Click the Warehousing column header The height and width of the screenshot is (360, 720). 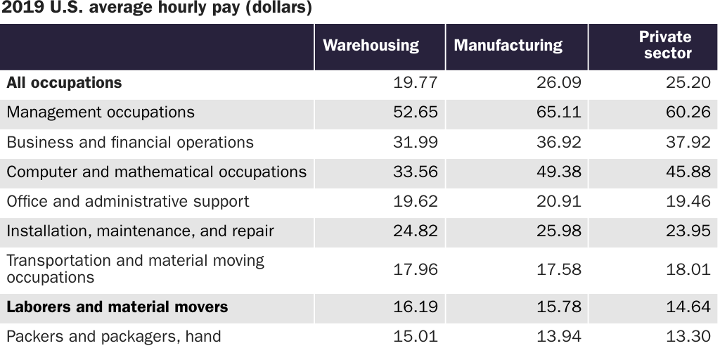click(371, 46)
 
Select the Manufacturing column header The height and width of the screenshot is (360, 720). click(508, 46)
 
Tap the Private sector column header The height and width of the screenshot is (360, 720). click(664, 45)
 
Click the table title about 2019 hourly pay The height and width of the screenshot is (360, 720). click(157, 8)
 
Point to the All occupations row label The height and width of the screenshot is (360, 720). click(64, 83)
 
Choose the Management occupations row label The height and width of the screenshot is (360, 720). click(101, 112)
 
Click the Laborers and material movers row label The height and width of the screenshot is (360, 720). click(117, 307)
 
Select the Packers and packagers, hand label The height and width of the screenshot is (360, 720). click(113, 337)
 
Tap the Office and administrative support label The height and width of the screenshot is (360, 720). click(127, 202)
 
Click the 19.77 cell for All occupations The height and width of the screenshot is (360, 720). click(415, 83)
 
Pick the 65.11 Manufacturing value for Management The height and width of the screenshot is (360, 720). click(559, 112)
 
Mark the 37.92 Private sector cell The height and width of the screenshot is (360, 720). click(688, 143)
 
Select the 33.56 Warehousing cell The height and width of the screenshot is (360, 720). click(415, 172)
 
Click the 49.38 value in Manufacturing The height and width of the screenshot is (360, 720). click(559, 172)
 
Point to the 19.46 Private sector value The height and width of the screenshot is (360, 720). click(688, 202)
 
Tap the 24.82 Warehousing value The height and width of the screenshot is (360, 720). click(415, 231)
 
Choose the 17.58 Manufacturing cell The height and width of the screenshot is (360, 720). click(559, 269)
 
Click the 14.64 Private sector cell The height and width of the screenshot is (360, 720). click(688, 307)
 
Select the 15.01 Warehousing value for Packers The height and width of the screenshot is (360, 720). click(415, 337)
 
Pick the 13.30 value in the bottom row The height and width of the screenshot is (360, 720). click(688, 337)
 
